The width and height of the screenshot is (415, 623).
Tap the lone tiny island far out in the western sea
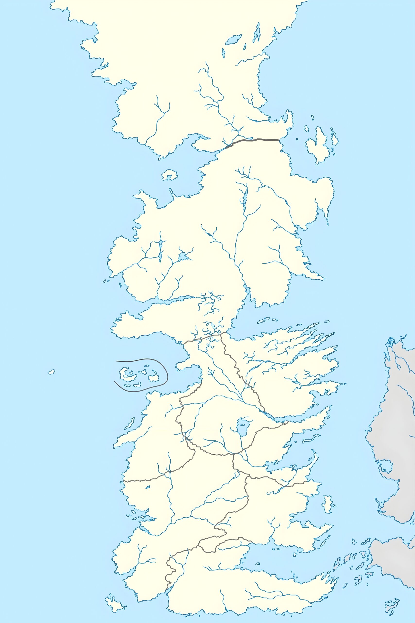(x=51, y=372)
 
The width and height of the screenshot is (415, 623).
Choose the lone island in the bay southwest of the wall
(x=170, y=175)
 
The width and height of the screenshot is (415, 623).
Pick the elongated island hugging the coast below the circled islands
(x=130, y=423)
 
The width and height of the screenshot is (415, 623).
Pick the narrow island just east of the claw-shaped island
(x=334, y=137)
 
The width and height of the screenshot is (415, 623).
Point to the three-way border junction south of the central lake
(x=233, y=454)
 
